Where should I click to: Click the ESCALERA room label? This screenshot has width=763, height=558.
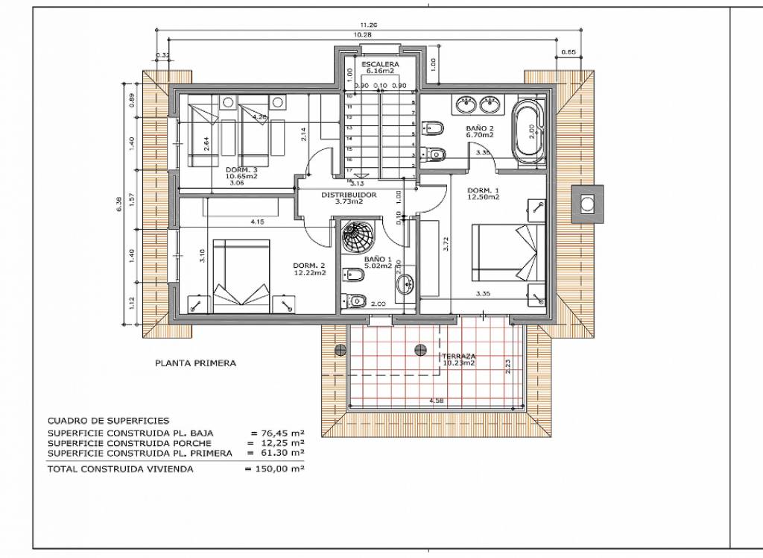(380, 65)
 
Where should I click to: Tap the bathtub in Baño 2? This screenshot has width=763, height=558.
(528, 132)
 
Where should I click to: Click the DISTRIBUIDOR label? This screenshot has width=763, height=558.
(348, 195)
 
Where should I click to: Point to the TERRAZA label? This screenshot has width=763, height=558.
(458, 357)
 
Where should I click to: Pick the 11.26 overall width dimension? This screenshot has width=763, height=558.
(368, 25)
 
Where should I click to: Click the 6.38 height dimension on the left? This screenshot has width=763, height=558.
(120, 203)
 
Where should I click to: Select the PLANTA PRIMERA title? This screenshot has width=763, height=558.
(195, 364)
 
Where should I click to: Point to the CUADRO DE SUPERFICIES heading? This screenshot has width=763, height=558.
(108, 421)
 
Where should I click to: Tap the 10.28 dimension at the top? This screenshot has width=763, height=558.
(363, 35)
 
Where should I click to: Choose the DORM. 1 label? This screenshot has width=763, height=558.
(481, 190)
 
